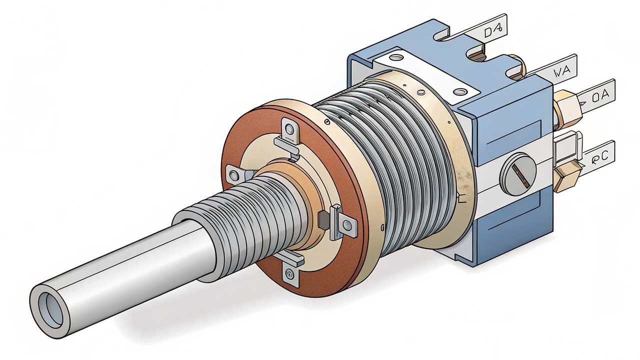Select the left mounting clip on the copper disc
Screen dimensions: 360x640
[x=235, y=173]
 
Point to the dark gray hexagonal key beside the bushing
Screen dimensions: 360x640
[x=323, y=218]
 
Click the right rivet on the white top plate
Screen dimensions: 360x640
[x=458, y=91]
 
